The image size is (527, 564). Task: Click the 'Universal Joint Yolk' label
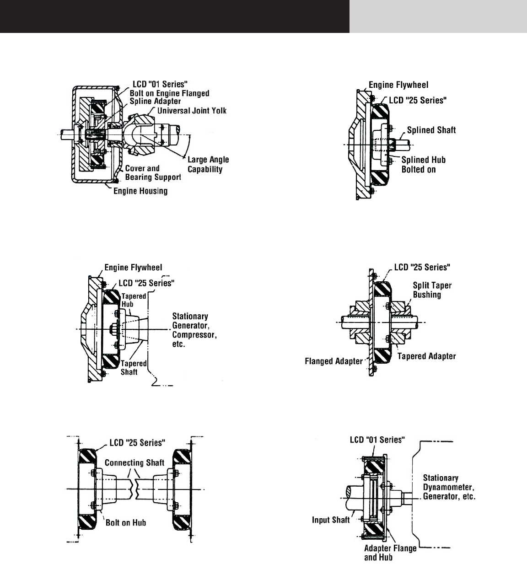click(x=192, y=111)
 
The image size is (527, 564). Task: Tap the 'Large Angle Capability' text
click(x=208, y=165)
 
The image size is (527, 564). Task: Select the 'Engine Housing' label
click(x=140, y=191)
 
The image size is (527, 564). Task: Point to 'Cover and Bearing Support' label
click(x=153, y=172)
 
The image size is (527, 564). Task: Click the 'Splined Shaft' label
click(x=431, y=130)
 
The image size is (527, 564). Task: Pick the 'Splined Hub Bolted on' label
click(x=423, y=164)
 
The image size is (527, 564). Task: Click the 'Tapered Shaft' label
click(x=133, y=367)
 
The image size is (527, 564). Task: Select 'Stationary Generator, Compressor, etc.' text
click(x=194, y=329)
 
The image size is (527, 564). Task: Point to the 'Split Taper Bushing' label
click(x=432, y=290)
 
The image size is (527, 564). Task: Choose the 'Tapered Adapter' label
click(x=426, y=356)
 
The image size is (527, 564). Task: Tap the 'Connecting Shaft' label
click(x=134, y=462)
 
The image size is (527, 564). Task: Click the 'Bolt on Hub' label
click(x=126, y=522)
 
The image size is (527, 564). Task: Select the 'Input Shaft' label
click(x=331, y=520)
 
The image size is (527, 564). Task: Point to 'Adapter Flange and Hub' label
click(x=390, y=553)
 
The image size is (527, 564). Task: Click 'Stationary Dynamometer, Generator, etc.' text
click(x=449, y=487)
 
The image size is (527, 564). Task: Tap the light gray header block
click(x=438, y=16)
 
